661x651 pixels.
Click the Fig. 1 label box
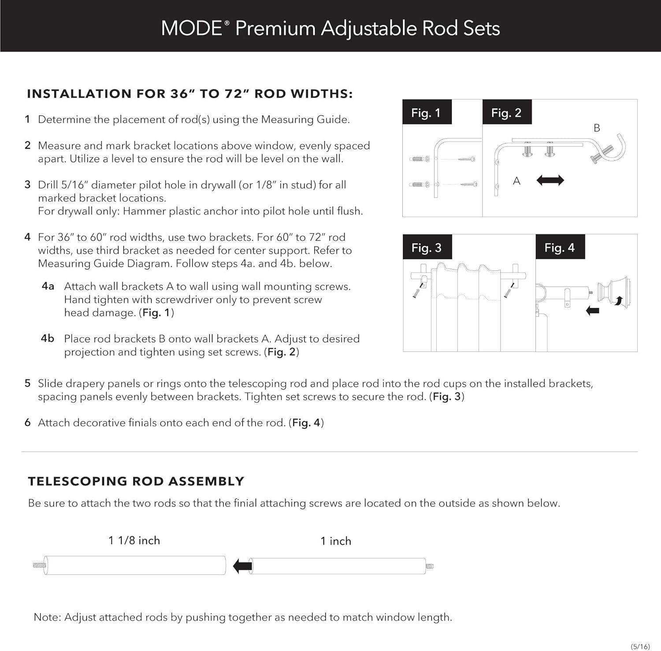click(x=426, y=113)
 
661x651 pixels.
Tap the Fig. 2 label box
click(x=506, y=113)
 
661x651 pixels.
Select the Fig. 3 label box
click(x=426, y=248)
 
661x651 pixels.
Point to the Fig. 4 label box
click(x=560, y=248)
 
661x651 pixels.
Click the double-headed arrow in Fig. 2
click(x=550, y=180)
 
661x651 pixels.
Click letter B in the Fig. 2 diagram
click(x=597, y=128)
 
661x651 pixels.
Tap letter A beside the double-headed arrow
click(x=516, y=181)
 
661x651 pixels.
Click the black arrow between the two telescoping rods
click(x=242, y=566)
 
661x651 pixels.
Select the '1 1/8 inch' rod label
click(x=134, y=540)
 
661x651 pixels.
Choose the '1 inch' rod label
click(x=336, y=541)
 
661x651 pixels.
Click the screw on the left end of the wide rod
click(x=39, y=565)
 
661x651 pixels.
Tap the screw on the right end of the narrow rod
click(x=430, y=566)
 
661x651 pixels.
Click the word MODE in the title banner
click(x=192, y=28)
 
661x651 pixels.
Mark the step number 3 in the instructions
click(x=27, y=185)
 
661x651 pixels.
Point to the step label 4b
click(x=48, y=338)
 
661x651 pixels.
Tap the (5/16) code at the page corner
click(x=640, y=646)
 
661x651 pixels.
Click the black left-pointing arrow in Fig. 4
click(x=593, y=311)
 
